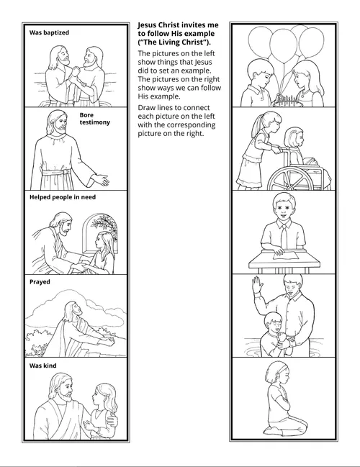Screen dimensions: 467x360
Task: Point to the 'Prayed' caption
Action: (40, 282)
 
